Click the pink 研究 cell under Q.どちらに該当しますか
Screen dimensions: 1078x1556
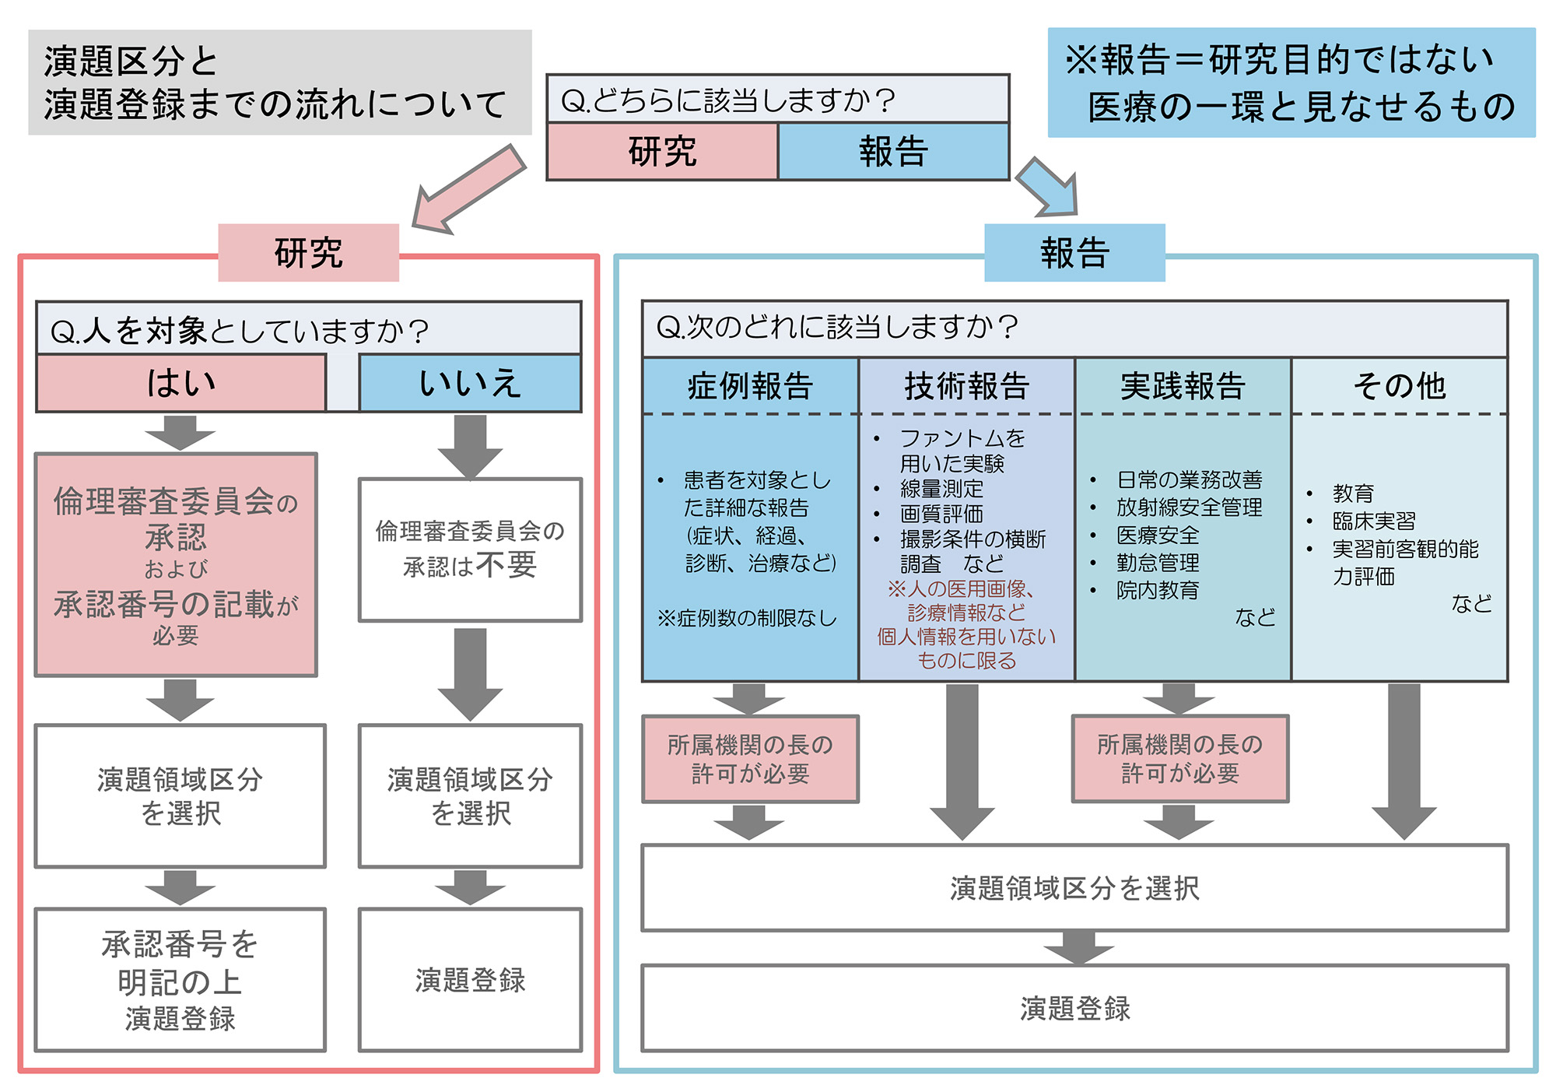click(x=662, y=152)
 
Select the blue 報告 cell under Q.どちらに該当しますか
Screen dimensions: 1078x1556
click(x=893, y=152)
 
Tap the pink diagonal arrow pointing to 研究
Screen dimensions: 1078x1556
click(x=467, y=189)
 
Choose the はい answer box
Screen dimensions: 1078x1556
click(x=180, y=383)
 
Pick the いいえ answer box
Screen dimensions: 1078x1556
click(x=470, y=383)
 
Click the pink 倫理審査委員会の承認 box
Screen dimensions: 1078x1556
click(x=176, y=565)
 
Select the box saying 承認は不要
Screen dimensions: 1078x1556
click(x=470, y=550)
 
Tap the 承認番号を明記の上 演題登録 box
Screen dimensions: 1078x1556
click(x=180, y=980)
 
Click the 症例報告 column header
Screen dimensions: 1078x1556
click(x=750, y=386)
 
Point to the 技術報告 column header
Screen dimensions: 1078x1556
click(x=966, y=386)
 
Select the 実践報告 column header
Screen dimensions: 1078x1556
click(x=1183, y=386)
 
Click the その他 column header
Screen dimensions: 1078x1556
click(x=1399, y=386)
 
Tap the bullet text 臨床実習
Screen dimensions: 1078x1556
click(x=1374, y=521)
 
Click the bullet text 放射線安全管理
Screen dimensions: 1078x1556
click(x=1189, y=507)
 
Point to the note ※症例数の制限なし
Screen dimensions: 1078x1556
click(x=747, y=618)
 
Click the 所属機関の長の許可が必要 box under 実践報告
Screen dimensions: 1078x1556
click(x=1179, y=759)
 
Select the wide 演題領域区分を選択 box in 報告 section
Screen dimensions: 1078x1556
click(x=1074, y=888)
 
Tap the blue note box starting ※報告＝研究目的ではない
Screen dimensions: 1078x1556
click(x=1291, y=83)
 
